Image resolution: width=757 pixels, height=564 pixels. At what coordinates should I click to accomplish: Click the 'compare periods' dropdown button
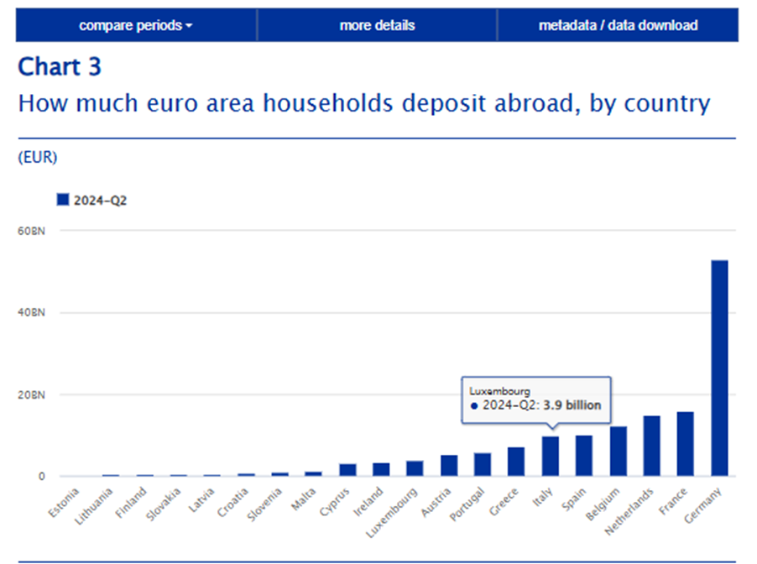[x=136, y=25]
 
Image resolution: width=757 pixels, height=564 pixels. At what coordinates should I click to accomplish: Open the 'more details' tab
[x=377, y=25]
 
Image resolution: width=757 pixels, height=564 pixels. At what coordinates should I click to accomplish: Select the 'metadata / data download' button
[x=618, y=25]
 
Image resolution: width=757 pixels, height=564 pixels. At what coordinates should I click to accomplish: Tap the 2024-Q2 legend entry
[x=91, y=200]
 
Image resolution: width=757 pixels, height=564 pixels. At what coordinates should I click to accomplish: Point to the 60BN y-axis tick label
[x=30, y=231]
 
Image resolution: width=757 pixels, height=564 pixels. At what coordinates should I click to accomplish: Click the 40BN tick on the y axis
[x=30, y=312]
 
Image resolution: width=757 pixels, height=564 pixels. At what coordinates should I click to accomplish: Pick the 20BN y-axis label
[x=30, y=394]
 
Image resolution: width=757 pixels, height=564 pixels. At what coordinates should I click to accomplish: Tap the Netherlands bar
[x=652, y=446]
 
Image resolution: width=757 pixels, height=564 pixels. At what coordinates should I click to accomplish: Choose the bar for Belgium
[x=619, y=452]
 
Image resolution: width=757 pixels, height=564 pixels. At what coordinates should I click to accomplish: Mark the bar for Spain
[x=584, y=456]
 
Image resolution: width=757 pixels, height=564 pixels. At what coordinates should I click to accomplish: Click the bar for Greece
[x=516, y=462]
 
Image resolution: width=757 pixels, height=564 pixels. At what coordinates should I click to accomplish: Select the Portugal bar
[x=483, y=465]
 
